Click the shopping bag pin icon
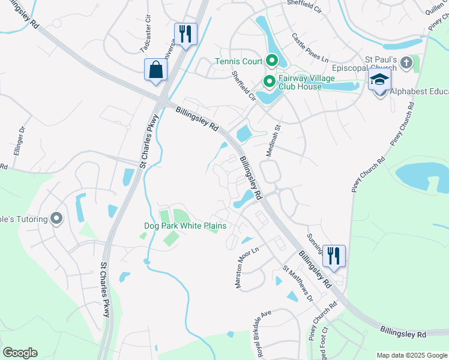point(155,69)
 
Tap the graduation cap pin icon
point(380,80)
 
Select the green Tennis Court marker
point(271,60)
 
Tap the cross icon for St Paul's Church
point(406,62)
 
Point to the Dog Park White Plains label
point(185,226)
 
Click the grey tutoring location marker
point(57,218)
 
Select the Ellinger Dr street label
point(13,146)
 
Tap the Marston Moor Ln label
point(246,269)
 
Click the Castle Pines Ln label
point(310,47)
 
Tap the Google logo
point(20,353)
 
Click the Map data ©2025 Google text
point(411,355)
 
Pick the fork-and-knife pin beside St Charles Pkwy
point(185,33)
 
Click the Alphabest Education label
point(418,92)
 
